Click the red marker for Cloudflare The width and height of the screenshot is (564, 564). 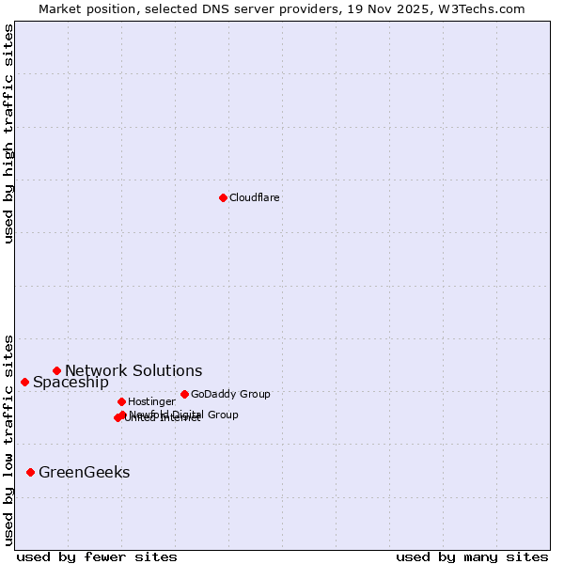[223, 197]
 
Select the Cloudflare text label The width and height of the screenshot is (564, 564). [255, 198]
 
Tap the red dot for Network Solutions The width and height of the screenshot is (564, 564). [56, 370]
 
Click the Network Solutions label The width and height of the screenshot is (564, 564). [133, 371]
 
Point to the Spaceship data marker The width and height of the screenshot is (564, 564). [24, 382]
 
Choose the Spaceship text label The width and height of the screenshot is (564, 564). [70, 383]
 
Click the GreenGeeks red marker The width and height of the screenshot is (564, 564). [30, 472]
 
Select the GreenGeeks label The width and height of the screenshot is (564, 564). [85, 473]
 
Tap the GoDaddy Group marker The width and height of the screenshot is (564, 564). [184, 394]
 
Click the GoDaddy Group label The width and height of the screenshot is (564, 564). [230, 395]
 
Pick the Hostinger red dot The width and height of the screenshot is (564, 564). [121, 401]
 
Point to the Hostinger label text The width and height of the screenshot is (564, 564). [151, 402]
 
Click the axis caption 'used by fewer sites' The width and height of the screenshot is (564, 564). [97, 557]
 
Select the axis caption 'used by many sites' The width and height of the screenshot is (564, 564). [472, 557]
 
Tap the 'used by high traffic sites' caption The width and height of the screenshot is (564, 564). [8, 133]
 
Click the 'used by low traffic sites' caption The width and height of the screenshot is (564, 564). [8, 439]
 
